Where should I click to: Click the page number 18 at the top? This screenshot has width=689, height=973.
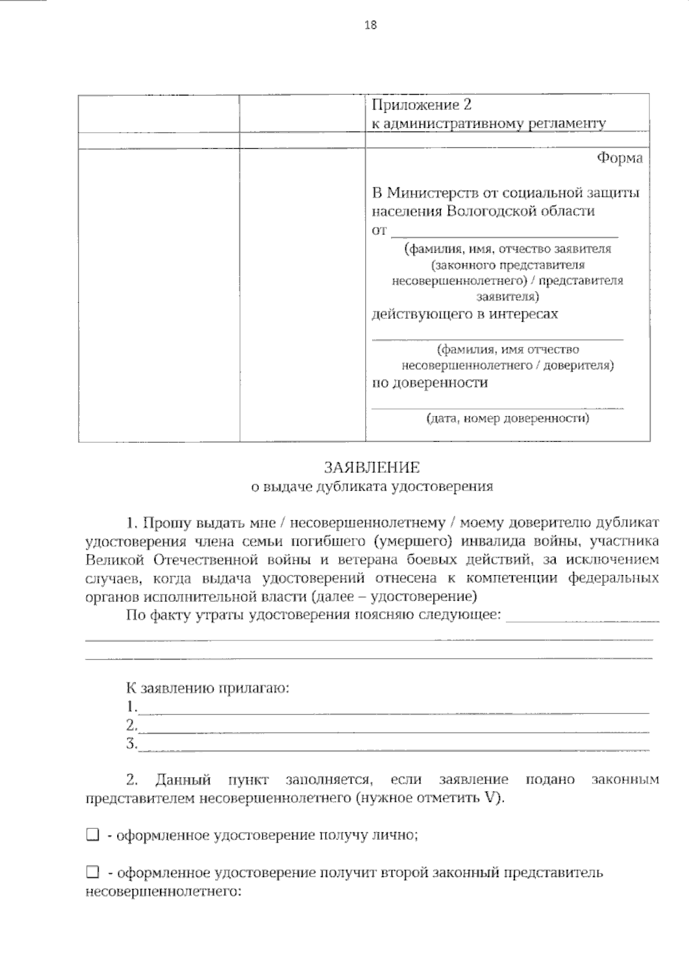tap(370, 25)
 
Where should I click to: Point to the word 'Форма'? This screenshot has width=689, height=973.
tap(620, 158)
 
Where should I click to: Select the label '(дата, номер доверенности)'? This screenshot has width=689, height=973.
tap(508, 419)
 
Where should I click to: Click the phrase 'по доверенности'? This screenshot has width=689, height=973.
tap(430, 383)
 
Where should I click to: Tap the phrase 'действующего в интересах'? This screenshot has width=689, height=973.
tap(465, 314)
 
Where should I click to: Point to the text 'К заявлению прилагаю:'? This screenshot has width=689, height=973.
tap(208, 688)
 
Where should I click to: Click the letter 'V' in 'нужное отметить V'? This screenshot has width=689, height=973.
tap(493, 798)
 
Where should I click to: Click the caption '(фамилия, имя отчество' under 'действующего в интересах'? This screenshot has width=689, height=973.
tap(508, 349)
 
